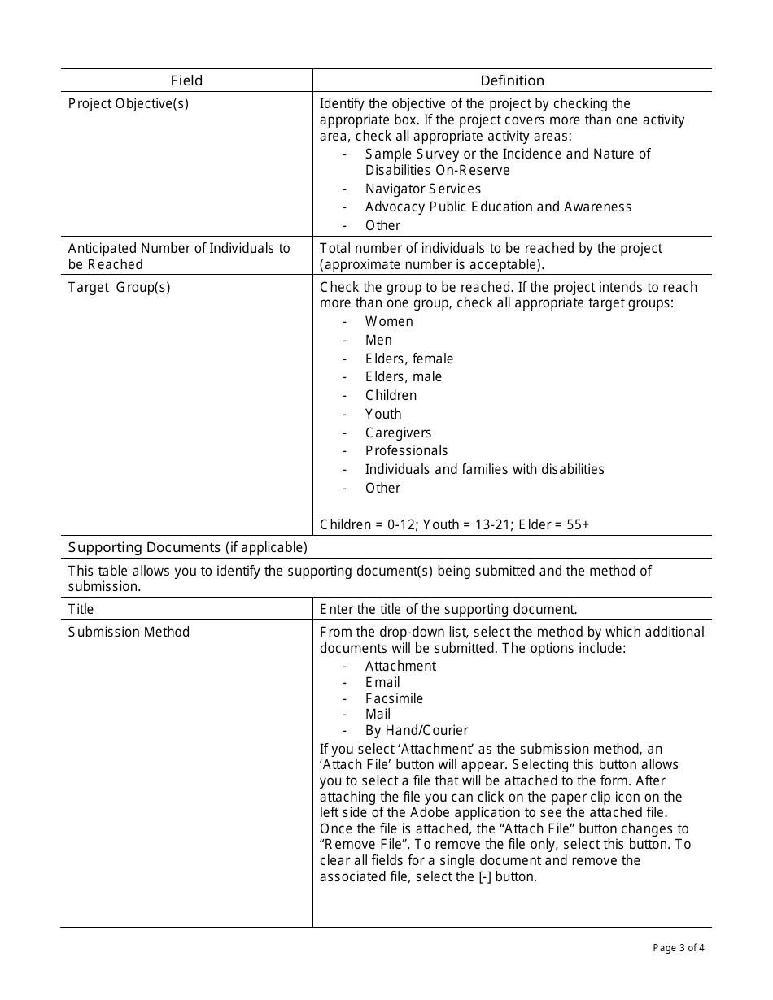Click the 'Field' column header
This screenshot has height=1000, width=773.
point(186,80)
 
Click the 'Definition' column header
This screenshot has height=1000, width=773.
point(512,80)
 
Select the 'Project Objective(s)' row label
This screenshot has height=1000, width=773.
point(129,104)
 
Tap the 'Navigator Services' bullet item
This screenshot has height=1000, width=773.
point(422,189)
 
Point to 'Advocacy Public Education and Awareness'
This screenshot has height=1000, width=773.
point(498,207)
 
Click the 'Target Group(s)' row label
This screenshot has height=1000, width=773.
point(120,287)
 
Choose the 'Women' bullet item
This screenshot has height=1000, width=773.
point(389,321)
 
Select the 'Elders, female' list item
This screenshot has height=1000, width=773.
point(409,359)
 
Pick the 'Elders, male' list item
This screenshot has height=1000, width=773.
point(404,376)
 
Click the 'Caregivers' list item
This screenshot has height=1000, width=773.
point(398,433)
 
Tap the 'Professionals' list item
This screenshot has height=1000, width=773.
point(406,450)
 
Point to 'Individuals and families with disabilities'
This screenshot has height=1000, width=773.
point(484,469)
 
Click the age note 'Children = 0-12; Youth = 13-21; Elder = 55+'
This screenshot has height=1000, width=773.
point(454,524)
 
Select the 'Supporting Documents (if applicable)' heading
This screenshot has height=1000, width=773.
point(188,547)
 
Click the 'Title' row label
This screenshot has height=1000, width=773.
point(81,609)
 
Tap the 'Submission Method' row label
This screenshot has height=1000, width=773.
point(129,632)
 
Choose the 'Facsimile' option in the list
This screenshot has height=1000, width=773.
point(394,698)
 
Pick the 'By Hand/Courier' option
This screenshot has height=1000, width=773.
point(417,730)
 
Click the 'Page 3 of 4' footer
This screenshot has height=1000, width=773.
point(679,947)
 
